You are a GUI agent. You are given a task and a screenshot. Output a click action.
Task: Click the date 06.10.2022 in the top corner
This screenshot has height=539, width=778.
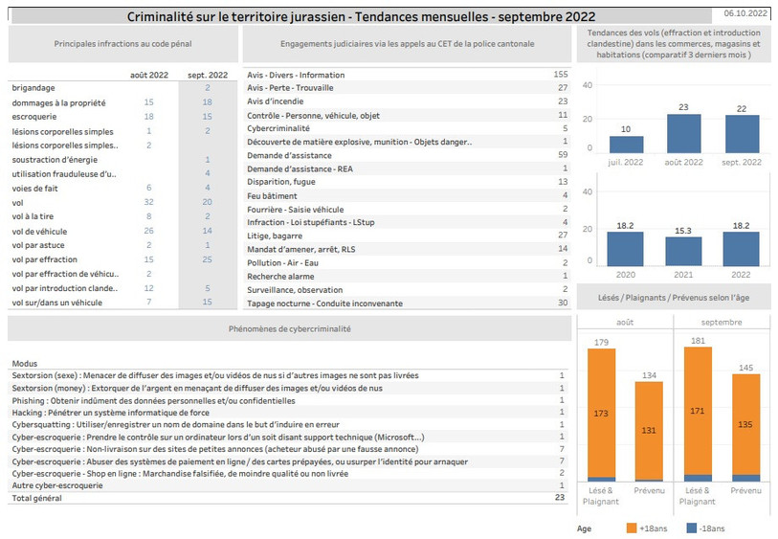(x=745, y=13)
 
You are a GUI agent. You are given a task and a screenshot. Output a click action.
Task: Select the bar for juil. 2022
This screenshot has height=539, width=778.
(x=626, y=145)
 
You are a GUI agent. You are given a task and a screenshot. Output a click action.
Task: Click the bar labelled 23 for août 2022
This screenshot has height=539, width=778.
(x=683, y=133)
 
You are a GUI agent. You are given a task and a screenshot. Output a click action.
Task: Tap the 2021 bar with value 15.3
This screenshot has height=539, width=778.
(x=683, y=251)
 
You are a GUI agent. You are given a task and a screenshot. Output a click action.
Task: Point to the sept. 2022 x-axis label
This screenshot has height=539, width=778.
(x=742, y=163)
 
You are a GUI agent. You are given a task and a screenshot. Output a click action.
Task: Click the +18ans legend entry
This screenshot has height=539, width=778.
(x=647, y=528)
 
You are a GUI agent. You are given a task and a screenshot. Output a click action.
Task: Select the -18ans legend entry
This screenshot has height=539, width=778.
(x=705, y=528)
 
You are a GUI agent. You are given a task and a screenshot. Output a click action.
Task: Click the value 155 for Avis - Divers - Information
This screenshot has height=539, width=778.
(x=561, y=74)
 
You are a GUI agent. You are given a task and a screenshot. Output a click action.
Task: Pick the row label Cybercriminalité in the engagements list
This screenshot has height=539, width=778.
(x=278, y=128)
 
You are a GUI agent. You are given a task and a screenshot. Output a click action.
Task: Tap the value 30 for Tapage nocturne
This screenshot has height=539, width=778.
(x=563, y=303)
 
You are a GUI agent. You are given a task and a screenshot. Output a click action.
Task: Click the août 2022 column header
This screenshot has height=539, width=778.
(x=149, y=75)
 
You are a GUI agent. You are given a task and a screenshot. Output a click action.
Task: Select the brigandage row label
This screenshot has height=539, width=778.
(x=33, y=88)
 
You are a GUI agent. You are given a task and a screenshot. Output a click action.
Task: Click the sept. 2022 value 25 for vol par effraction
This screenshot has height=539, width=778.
(x=207, y=259)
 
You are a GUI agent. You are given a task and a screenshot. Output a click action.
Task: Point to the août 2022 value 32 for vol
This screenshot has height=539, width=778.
(x=149, y=202)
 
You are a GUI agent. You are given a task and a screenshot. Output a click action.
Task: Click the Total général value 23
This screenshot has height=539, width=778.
(x=560, y=497)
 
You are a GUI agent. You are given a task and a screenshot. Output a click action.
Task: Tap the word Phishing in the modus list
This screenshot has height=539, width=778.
(x=29, y=400)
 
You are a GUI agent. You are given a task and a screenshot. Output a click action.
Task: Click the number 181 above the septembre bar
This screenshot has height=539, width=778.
(x=698, y=341)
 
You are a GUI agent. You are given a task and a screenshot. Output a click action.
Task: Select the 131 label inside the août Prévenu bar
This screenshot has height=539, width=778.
(x=649, y=430)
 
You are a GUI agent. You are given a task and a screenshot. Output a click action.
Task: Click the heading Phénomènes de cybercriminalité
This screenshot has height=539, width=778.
(x=290, y=328)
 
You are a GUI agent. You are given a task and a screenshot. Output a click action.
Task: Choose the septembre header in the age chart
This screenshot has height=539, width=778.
(x=722, y=322)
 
